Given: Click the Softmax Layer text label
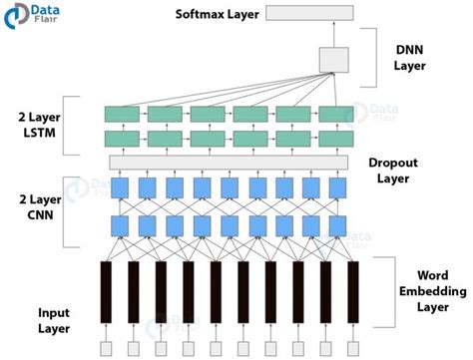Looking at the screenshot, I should pyautogui.click(x=218, y=14).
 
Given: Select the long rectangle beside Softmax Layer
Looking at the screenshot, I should pyautogui.click(x=308, y=14).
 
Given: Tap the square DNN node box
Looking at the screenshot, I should pyautogui.click(x=332, y=60).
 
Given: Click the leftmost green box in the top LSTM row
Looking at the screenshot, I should pyautogui.click(x=123, y=114).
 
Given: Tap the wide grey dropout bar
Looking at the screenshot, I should pyautogui.click(x=231, y=162).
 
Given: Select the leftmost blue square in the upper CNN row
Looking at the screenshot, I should pyautogui.click(x=120, y=187).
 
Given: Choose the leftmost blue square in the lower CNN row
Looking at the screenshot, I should pyautogui.click(x=120, y=225).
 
